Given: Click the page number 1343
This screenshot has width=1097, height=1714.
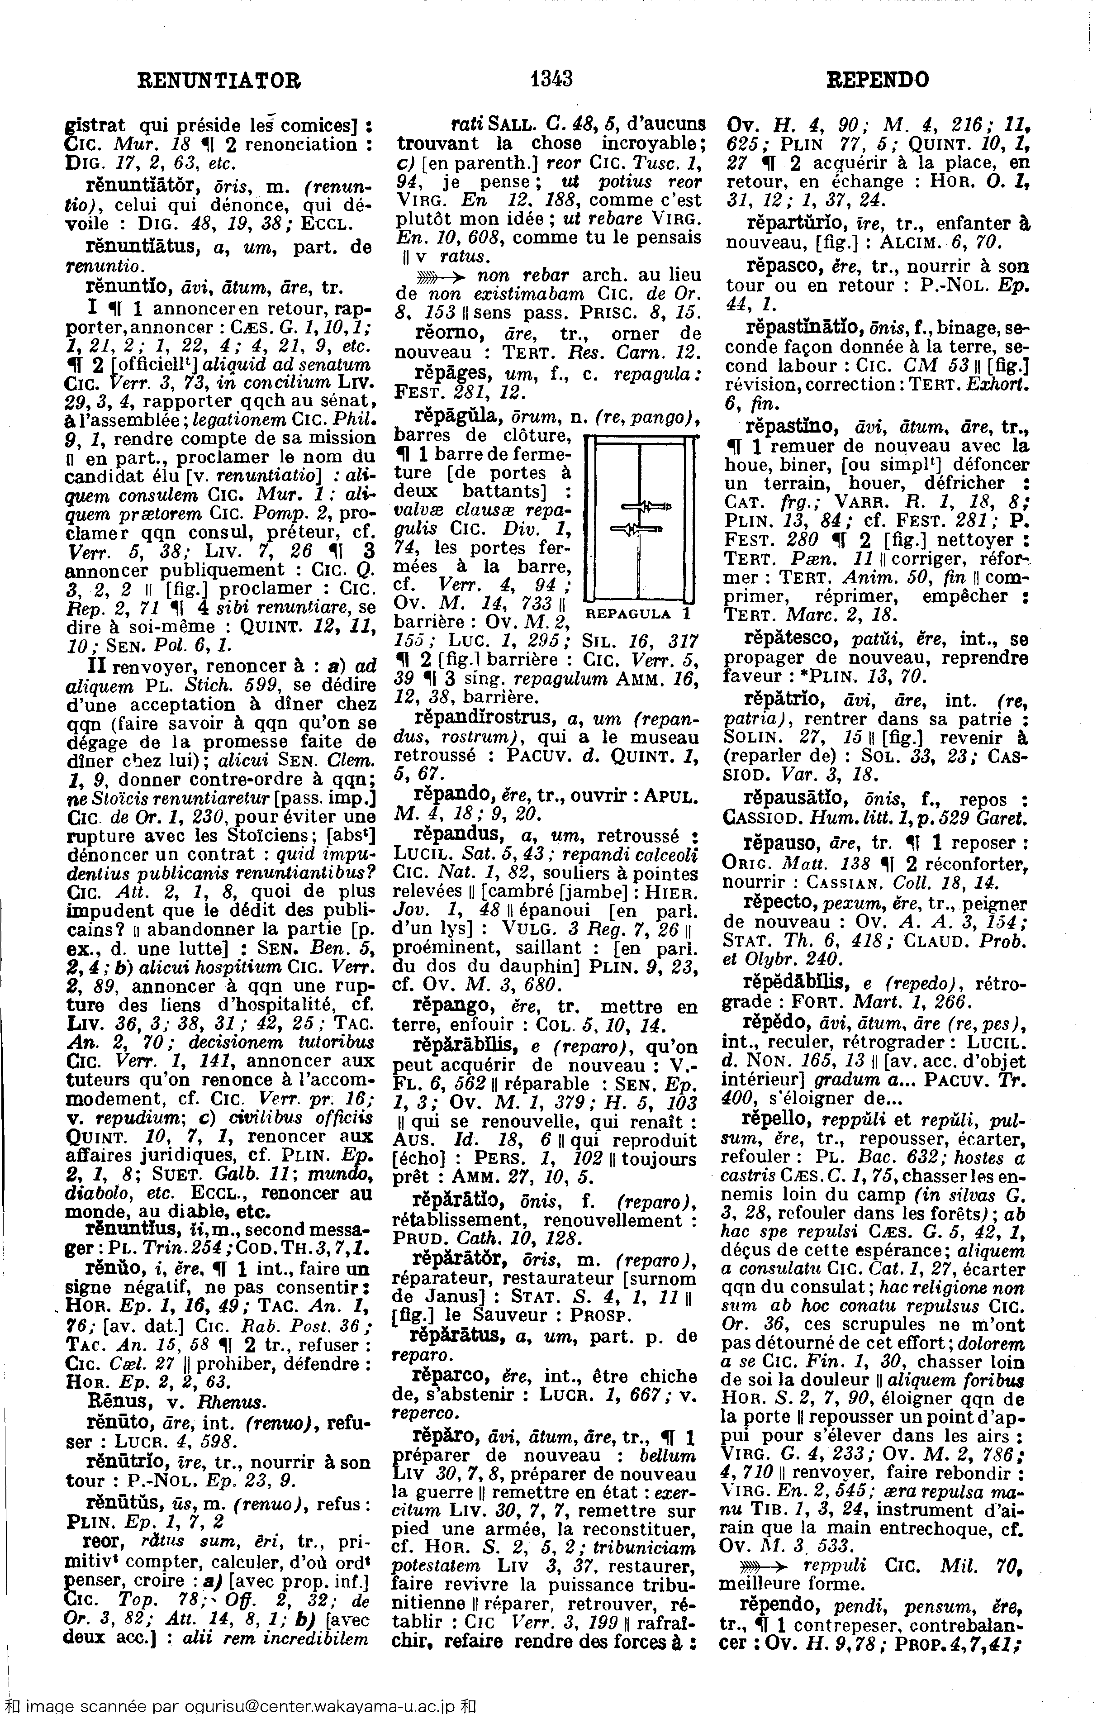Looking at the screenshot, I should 551,78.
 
